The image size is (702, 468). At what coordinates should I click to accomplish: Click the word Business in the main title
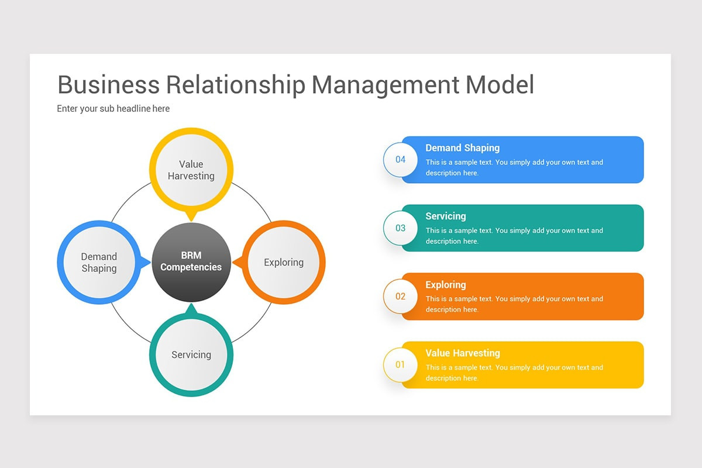pyautogui.click(x=108, y=84)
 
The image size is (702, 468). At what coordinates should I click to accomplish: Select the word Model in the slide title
pyautogui.click(x=500, y=84)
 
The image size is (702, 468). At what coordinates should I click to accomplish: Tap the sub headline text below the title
pyautogui.click(x=113, y=108)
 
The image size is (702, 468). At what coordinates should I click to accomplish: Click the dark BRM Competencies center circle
pyautogui.click(x=191, y=261)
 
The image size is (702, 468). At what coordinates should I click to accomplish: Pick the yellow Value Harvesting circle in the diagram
pyautogui.click(x=191, y=169)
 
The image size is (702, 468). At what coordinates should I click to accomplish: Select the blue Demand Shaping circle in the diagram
pyautogui.click(x=99, y=262)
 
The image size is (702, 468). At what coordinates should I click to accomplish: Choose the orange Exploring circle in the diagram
pyautogui.click(x=284, y=262)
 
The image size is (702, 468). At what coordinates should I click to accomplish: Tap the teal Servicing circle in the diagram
pyautogui.click(x=191, y=355)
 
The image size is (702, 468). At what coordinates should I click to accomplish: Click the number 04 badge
pyautogui.click(x=400, y=160)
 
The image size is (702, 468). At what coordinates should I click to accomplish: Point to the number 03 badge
pyautogui.click(x=400, y=228)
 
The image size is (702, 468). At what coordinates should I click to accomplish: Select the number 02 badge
pyautogui.click(x=400, y=297)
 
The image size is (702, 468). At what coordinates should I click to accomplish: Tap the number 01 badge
pyautogui.click(x=400, y=365)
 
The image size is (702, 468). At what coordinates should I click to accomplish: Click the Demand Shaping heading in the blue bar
pyautogui.click(x=462, y=148)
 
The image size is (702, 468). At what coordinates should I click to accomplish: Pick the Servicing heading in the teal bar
pyautogui.click(x=446, y=216)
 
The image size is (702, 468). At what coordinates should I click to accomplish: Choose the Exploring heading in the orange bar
pyautogui.click(x=446, y=285)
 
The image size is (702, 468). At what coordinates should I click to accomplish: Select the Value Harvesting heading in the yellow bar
pyautogui.click(x=462, y=353)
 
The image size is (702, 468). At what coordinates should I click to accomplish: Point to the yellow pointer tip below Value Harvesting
pyautogui.click(x=191, y=217)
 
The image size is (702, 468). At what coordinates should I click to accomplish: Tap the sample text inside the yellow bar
pyautogui.click(x=514, y=373)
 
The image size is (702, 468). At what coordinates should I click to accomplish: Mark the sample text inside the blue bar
pyautogui.click(x=514, y=167)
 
